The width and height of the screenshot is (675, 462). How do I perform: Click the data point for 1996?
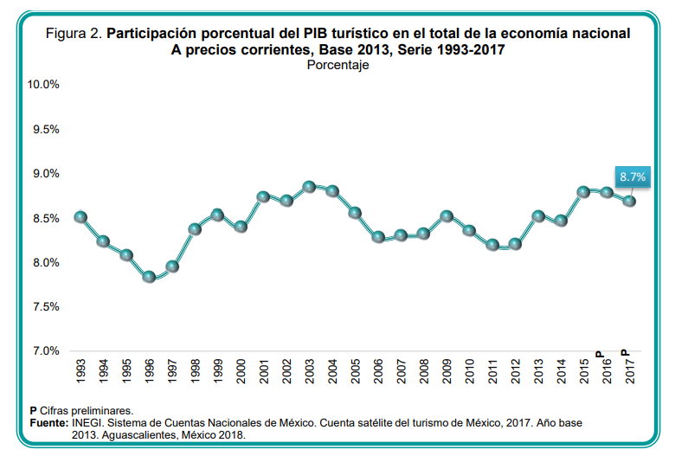coord(149,277)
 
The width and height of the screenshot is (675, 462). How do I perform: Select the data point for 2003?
coord(309,186)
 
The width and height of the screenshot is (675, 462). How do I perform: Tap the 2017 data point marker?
coord(630,201)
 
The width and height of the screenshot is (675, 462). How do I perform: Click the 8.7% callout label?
coord(633,176)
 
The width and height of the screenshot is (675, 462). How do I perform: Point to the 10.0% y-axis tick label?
coord(42,85)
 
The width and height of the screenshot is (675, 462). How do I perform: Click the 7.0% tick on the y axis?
coord(45,351)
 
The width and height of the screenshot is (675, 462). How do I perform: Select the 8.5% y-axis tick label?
coord(45,218)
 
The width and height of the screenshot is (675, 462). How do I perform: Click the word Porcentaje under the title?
coord(338,65)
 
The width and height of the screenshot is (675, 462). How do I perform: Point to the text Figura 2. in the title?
coord(74,34)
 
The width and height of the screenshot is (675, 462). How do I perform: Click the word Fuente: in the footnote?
coord(48,423)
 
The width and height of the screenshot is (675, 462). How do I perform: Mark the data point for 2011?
coord(492,245)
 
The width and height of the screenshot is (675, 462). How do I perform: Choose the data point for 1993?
coord(80,216)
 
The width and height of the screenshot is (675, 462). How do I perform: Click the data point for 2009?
coord(447,216)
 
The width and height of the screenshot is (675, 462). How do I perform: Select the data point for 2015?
coord(584,191)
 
